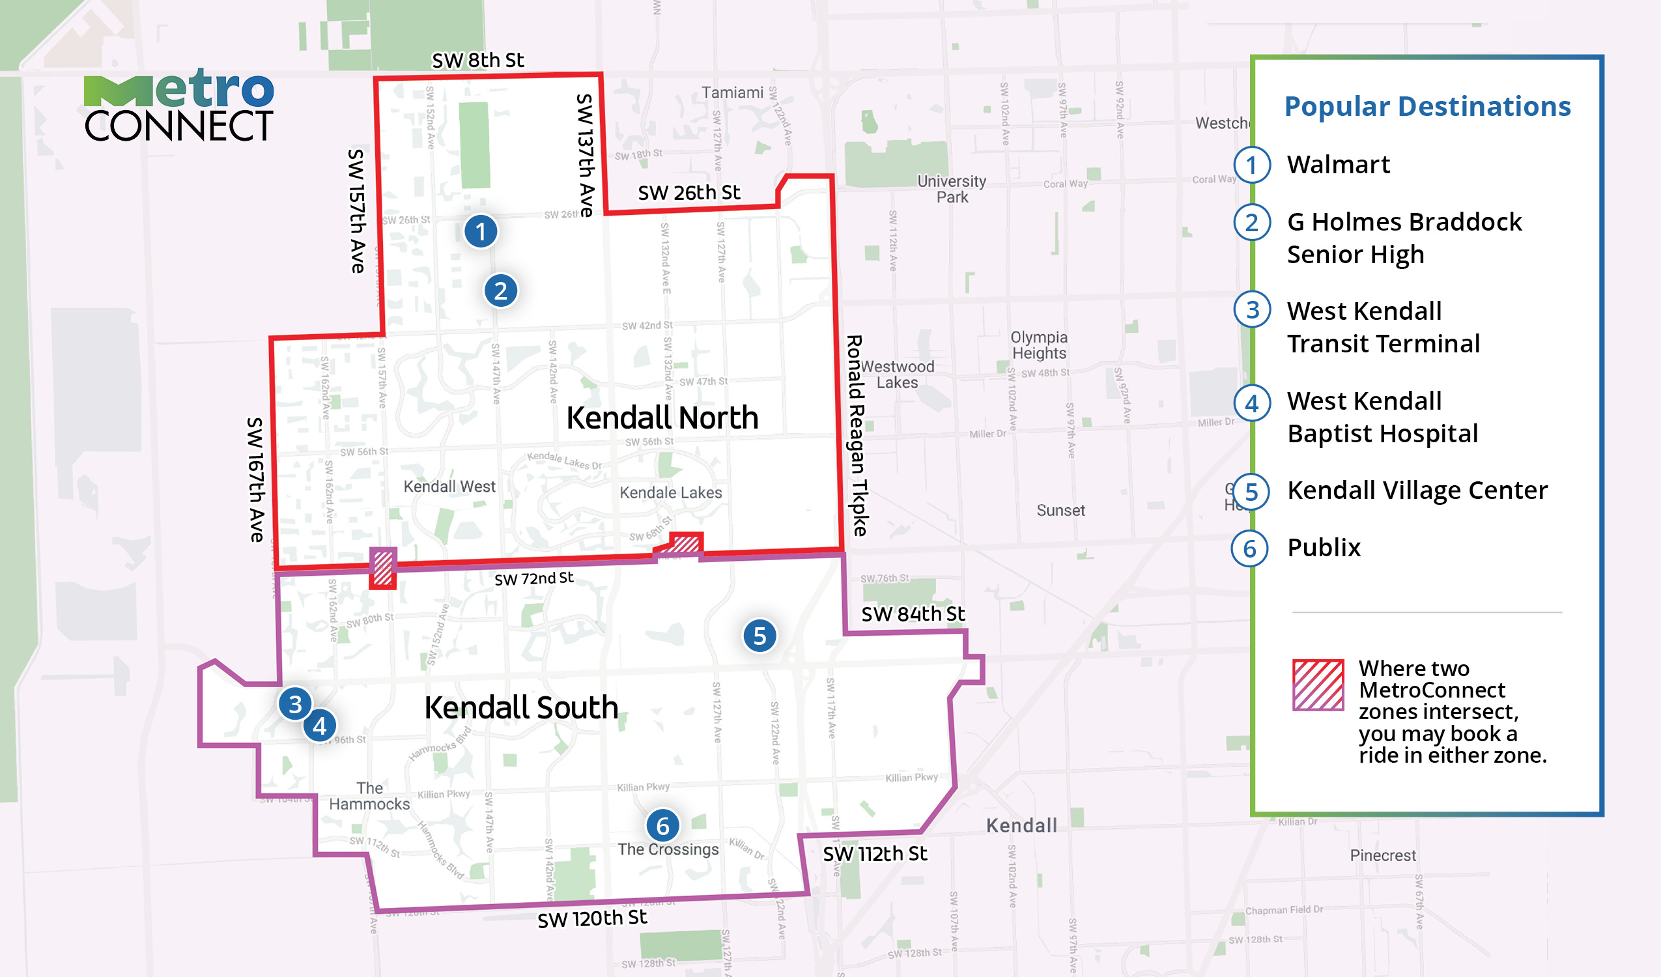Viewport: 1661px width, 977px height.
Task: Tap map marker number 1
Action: [x=481, y=231]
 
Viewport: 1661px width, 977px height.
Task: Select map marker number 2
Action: [x=500, y=290]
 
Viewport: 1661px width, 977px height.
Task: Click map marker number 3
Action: [x=295, y=704]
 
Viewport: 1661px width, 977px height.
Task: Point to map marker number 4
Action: [x=320, y=726]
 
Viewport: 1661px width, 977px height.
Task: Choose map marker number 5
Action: [x=760, y=636]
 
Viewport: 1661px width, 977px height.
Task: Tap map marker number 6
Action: [x=662, y=825]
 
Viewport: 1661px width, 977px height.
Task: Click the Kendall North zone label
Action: [x=662, y=418]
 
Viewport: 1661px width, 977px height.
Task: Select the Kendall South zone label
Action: [x=520, y=707]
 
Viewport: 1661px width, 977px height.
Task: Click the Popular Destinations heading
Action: [x=1427, y=106]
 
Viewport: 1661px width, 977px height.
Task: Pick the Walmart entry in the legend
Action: [x=1338, y=165]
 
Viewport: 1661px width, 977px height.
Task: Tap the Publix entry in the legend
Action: [x=1324, y=548]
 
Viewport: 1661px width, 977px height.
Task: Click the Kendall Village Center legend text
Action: [x=1417, y=490]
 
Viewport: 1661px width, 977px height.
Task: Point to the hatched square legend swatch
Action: [x=1318, y=685]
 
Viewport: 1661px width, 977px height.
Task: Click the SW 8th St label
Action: [x=478, y=61]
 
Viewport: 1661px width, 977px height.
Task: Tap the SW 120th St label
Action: [x=592, y=918]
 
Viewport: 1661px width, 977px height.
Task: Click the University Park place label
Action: [x=952, y=188]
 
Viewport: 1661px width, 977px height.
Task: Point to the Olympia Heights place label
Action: [x=1039, y=345]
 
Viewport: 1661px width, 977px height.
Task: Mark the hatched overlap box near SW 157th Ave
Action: [x=382, y=567]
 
